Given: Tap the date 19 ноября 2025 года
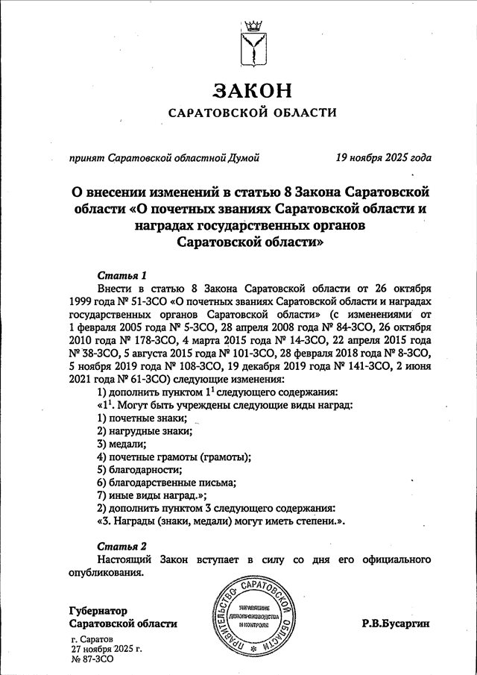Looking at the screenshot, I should click(x=383, y=157).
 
